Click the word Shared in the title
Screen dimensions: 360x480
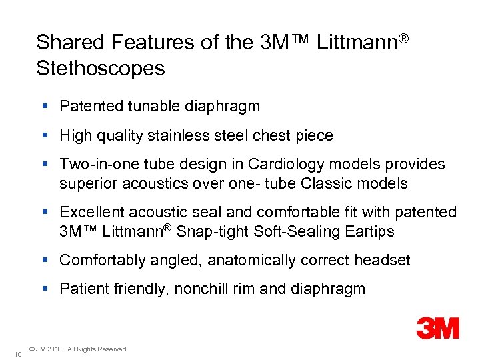point(69,42)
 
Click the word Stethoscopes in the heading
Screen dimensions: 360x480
point(101,68)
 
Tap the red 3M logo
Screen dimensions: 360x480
point(438,327)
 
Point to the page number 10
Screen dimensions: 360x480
point(18,353)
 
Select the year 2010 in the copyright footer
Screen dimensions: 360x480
point(55,349)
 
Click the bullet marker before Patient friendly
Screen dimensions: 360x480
point(45,289)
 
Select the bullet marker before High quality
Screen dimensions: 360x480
point(45,135)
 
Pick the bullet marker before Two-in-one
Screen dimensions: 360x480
point(45,164)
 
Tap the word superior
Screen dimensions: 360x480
point(85,183)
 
